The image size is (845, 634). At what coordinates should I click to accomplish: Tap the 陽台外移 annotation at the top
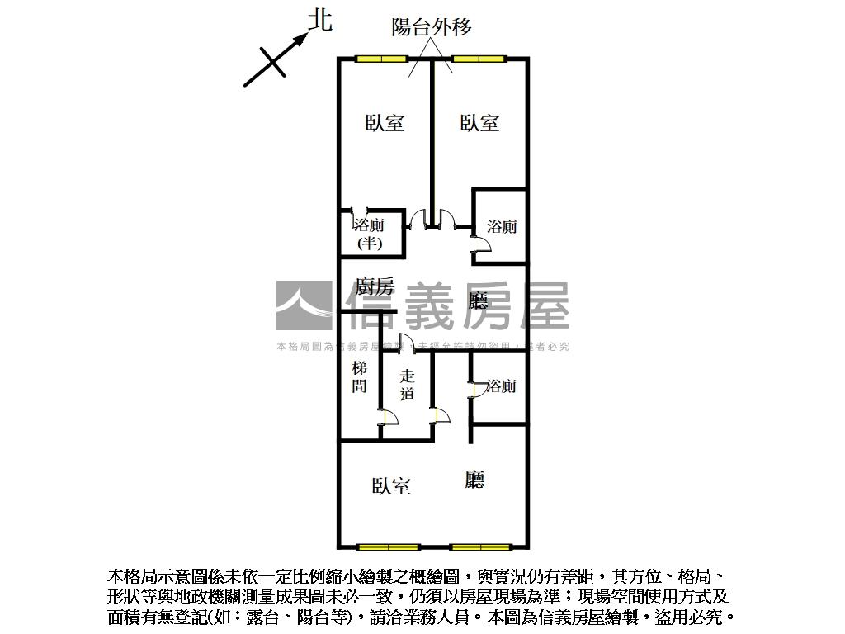tap(431, 27)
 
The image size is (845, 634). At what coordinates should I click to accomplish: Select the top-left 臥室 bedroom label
tap(385, 123)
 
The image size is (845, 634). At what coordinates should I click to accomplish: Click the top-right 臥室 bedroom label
tap(479, 123)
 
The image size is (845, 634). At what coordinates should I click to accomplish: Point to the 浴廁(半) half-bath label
tap(369, 234)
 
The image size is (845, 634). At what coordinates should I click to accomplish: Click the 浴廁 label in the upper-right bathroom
tap(501, 226)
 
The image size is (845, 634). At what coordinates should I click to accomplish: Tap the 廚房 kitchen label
tap(374, 287)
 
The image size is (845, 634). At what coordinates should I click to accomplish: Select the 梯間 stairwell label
tap(359, 377)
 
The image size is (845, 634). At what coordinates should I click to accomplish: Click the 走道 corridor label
tap(407, 385)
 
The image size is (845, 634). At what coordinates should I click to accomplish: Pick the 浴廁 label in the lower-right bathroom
tap(501, 386)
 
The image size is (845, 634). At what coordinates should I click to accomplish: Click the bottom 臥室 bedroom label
tap(391, 486)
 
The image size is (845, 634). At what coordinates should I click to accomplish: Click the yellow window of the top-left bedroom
tap(381, 59)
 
